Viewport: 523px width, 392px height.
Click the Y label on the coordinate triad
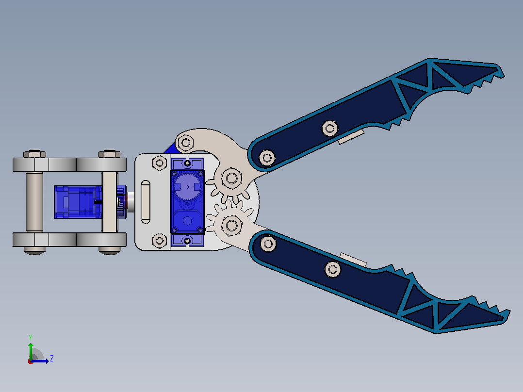pyautogui.click(x=31, y=337)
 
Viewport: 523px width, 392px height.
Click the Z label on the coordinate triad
pyautogui.click(x=52, y=359)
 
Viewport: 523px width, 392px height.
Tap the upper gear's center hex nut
pyautogui.click(x=231, y=178)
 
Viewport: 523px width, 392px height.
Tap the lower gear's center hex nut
pyautogui.click(x=231, y=226)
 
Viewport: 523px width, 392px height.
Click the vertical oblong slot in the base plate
pyautogui.click(x=146, y=201)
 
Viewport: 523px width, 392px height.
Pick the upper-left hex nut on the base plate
pyautogui.click(x=160, y=163)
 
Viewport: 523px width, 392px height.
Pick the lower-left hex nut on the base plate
pyautogui.click(x=160, y=241)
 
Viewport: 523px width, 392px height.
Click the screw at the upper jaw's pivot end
pyautogui.click(x=267, y=158)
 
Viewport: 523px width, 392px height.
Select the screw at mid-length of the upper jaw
pyautogui.click(x=330, y=128)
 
